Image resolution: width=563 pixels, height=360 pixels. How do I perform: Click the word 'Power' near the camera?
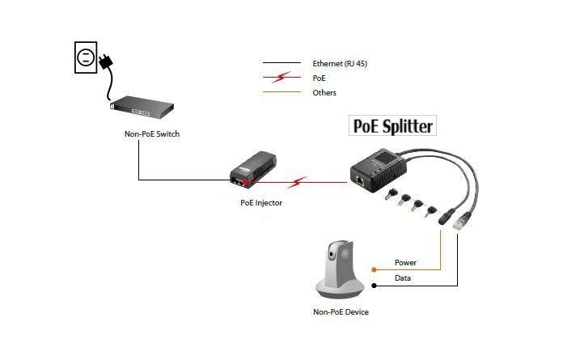(405, 262)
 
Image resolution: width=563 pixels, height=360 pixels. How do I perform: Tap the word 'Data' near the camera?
(403, 278)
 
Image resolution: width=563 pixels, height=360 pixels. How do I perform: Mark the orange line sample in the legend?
(282, 93)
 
